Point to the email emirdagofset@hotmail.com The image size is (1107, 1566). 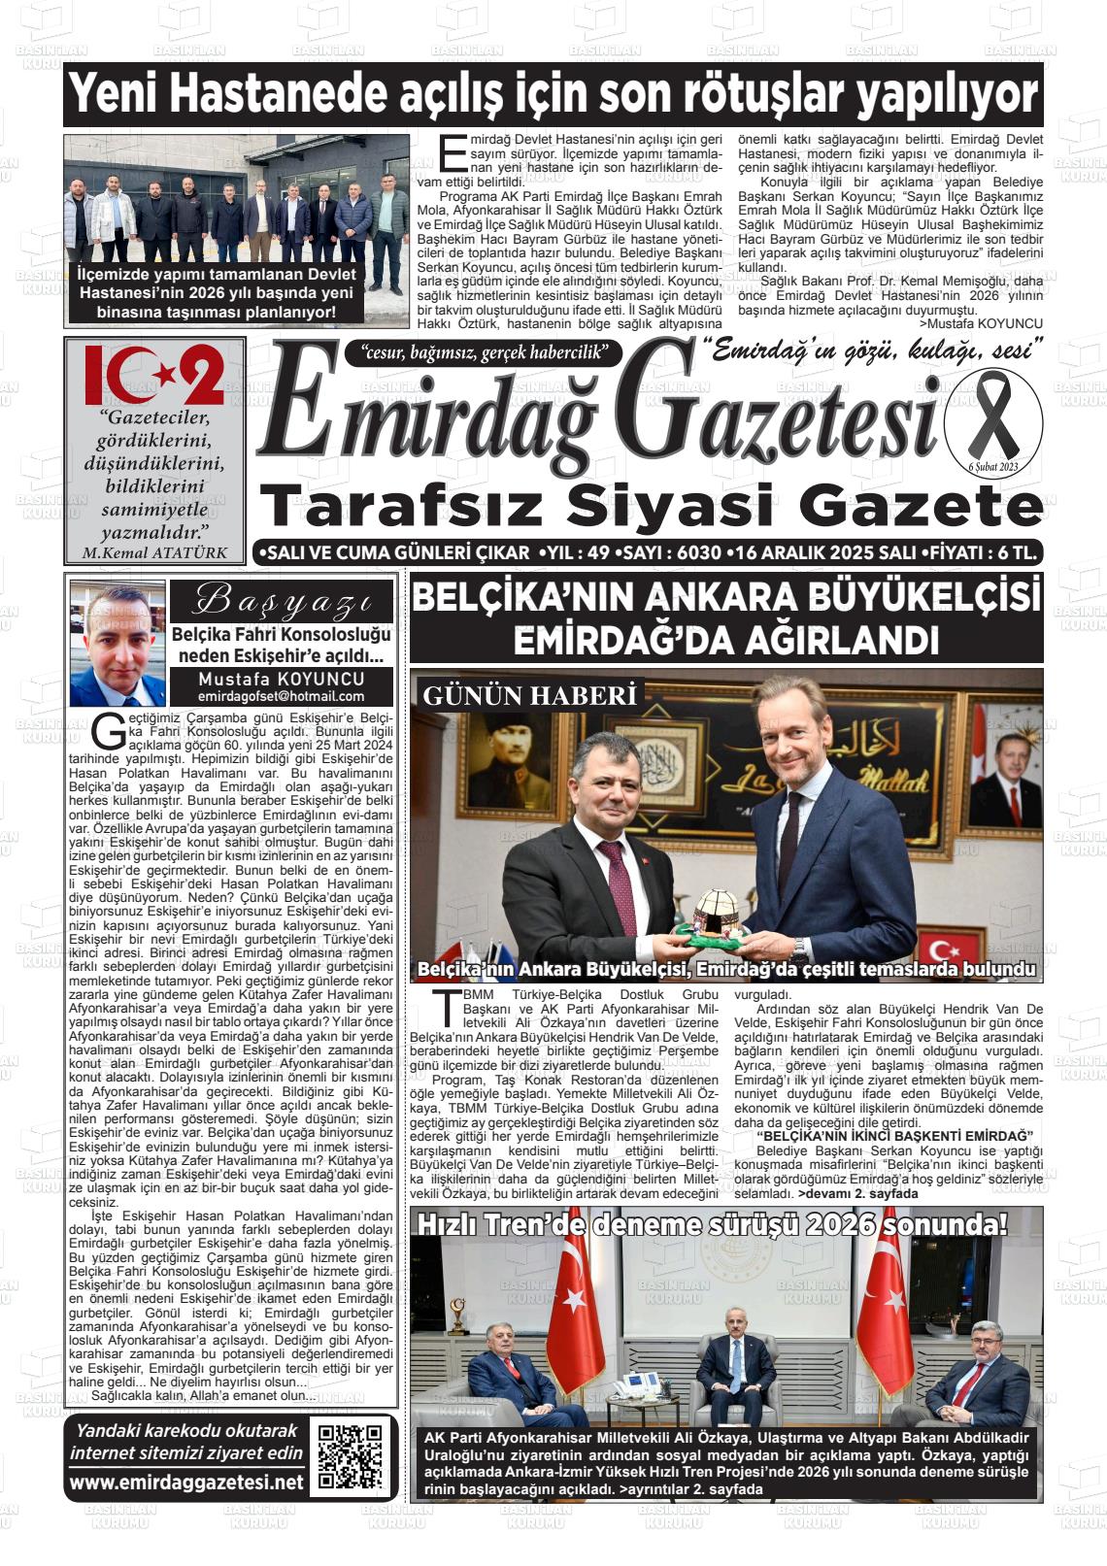click(x=281, y=696)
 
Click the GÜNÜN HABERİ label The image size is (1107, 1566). click(x=529, y=695)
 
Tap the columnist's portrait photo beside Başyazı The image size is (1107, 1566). click(x=117, y=643)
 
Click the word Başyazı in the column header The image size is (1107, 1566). click(x=281, y=601)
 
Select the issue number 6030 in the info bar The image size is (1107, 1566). click(x=690, y=553)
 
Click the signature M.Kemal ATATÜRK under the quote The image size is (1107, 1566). click(x=155, y=553)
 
